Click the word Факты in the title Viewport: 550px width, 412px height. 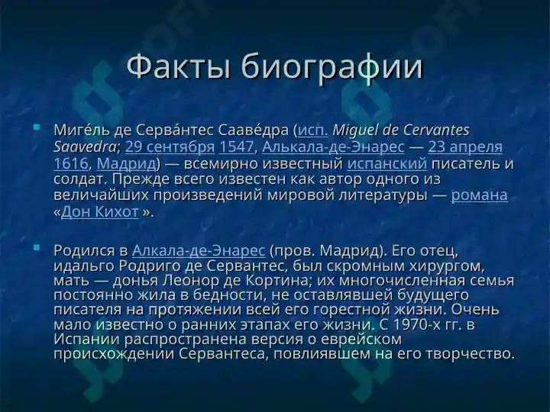179,66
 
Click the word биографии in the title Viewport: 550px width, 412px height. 332,67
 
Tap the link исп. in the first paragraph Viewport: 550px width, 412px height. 313,130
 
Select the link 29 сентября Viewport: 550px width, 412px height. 170,146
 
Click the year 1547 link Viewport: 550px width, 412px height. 236,146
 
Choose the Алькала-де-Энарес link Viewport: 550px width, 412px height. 333,147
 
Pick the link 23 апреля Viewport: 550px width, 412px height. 465,147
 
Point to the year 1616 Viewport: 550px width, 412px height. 71,163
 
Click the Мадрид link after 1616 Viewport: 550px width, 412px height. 126,163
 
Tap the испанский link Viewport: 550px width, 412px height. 387,163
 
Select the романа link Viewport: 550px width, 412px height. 479,195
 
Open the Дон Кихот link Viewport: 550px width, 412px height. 99,212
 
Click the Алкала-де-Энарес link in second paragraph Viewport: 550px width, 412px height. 199,251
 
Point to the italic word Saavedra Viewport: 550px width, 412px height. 85,146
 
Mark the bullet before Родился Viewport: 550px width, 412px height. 37,248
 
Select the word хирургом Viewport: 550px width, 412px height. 447,266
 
